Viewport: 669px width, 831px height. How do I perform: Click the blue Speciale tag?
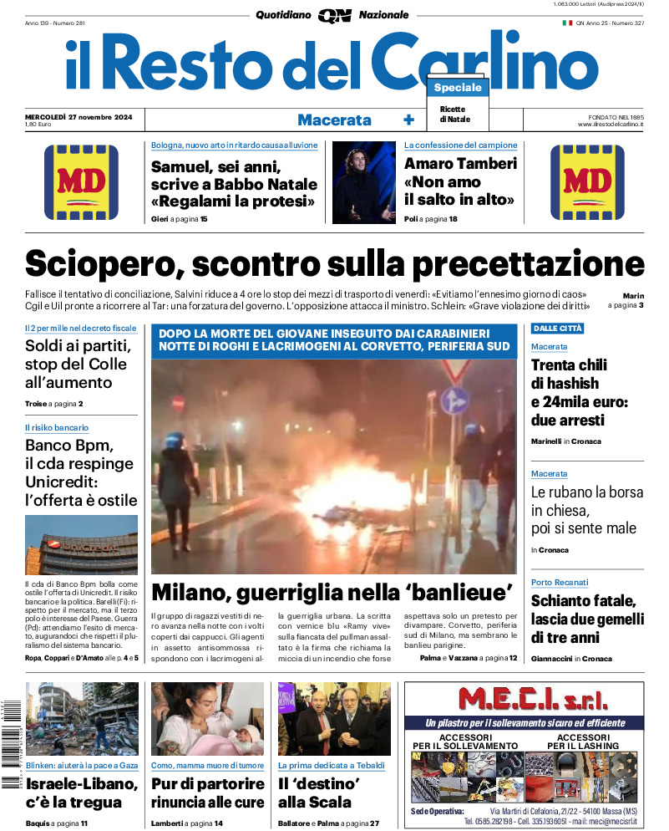(x=458, y=88)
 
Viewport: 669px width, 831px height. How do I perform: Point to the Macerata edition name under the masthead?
(x=334, y=120)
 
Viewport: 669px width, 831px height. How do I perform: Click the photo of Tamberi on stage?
(x=363, y=182)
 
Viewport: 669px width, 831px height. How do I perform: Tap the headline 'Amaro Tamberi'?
(x=460, y=164)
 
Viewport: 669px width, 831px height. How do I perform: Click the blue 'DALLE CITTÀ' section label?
(x=558, y=329)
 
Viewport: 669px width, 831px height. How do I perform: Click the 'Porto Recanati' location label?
(x=560, y=582)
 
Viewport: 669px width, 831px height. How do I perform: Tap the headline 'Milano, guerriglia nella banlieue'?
(x=332, y=592)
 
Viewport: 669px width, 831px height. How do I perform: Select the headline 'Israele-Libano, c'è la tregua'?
(x=81, y=793)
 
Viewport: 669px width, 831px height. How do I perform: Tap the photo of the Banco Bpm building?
(x=81, y=543)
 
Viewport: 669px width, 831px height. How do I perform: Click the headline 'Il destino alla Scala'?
(x=318, y=793)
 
